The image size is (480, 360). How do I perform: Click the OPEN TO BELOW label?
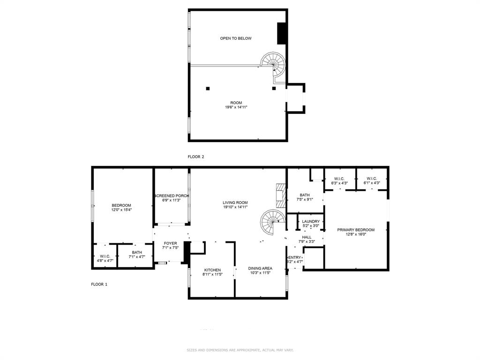(236, 38)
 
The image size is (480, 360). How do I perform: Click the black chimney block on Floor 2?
(282, 33)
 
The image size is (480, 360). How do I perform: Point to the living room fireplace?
(280, 195)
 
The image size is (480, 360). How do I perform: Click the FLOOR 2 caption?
(196, 157)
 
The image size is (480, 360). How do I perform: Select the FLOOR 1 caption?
(99, 284)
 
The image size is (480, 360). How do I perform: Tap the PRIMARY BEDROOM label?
(356, 230)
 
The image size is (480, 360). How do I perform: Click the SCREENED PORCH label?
(171, 196)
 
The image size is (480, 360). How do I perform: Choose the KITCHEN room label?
(212, 270)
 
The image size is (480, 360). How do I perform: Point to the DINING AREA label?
(260, 269)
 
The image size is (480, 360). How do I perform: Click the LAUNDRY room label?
(311, 222)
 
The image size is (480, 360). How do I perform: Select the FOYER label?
(170, 243)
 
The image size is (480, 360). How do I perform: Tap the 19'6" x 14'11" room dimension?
(236, 107)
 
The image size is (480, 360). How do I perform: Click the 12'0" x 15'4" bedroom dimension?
(121, 210)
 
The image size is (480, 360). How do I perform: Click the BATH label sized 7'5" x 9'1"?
(305, 195)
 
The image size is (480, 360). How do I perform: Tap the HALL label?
(307, 237)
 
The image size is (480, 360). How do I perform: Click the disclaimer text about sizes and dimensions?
(240, 350)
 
